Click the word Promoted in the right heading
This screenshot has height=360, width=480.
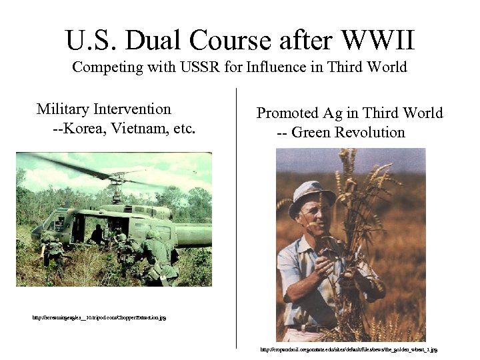289,113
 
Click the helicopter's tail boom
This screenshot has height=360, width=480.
193,233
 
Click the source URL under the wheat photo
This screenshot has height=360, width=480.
349,349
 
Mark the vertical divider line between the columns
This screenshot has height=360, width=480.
237,220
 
